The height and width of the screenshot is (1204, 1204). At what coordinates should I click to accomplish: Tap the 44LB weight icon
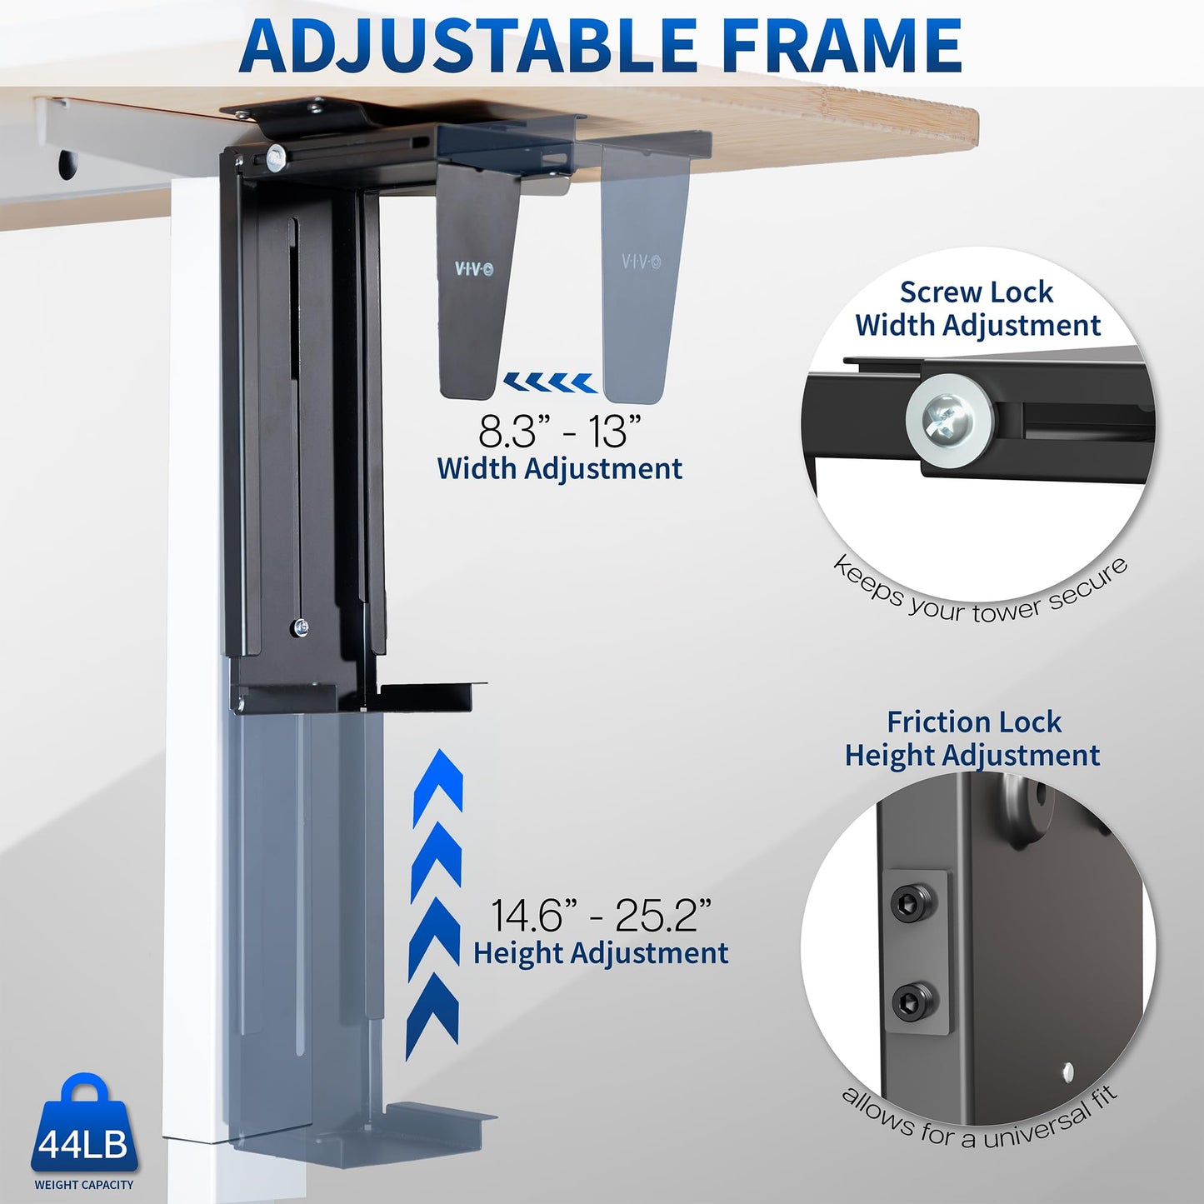pos(83,1125)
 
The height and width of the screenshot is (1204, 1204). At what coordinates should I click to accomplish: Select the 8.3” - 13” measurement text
pos(559,432)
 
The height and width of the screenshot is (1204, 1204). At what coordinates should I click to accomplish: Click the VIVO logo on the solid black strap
pos(473,269)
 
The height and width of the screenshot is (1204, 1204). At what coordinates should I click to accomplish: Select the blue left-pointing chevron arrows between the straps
pos(550,383)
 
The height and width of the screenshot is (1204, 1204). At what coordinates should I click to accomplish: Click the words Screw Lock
pos(976,292)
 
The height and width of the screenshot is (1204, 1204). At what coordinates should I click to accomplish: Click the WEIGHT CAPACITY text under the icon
pos(83,1185)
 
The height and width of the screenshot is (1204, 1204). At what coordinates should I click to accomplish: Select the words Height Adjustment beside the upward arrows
pos(600,953)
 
